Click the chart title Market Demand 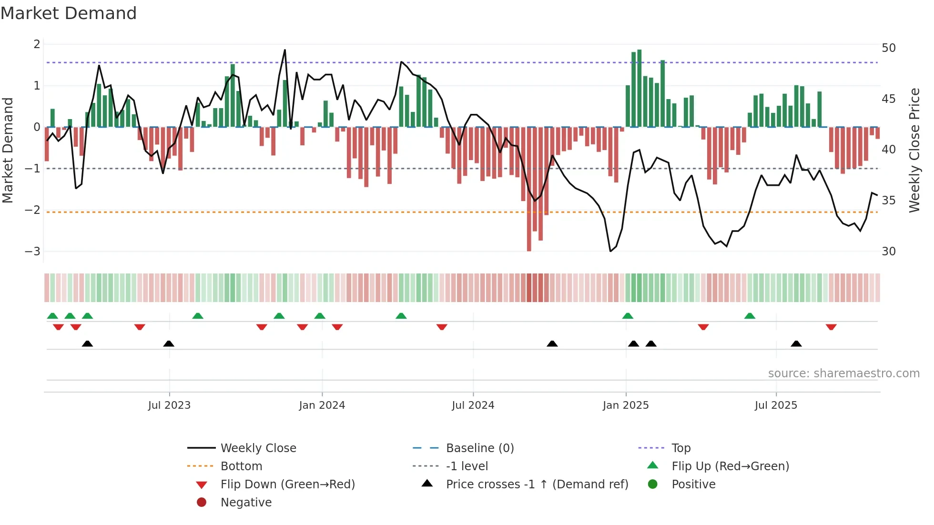[69, 13]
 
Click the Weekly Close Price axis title [914, 150]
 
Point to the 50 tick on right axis [888, 48]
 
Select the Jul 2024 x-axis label [473, 405]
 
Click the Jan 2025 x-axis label [625, 405]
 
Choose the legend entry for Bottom [241, 466]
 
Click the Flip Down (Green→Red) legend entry [287, 485]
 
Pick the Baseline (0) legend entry [479, 448]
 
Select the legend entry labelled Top [680, 448]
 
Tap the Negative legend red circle [202, 503]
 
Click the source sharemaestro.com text [843, 374]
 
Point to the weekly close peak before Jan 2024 [285, 50]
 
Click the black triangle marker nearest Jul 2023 [169, 344]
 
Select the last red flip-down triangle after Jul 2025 [831, 327]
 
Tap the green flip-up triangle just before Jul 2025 [750, 316]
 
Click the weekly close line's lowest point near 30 [610, 251]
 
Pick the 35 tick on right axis [888, 201]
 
